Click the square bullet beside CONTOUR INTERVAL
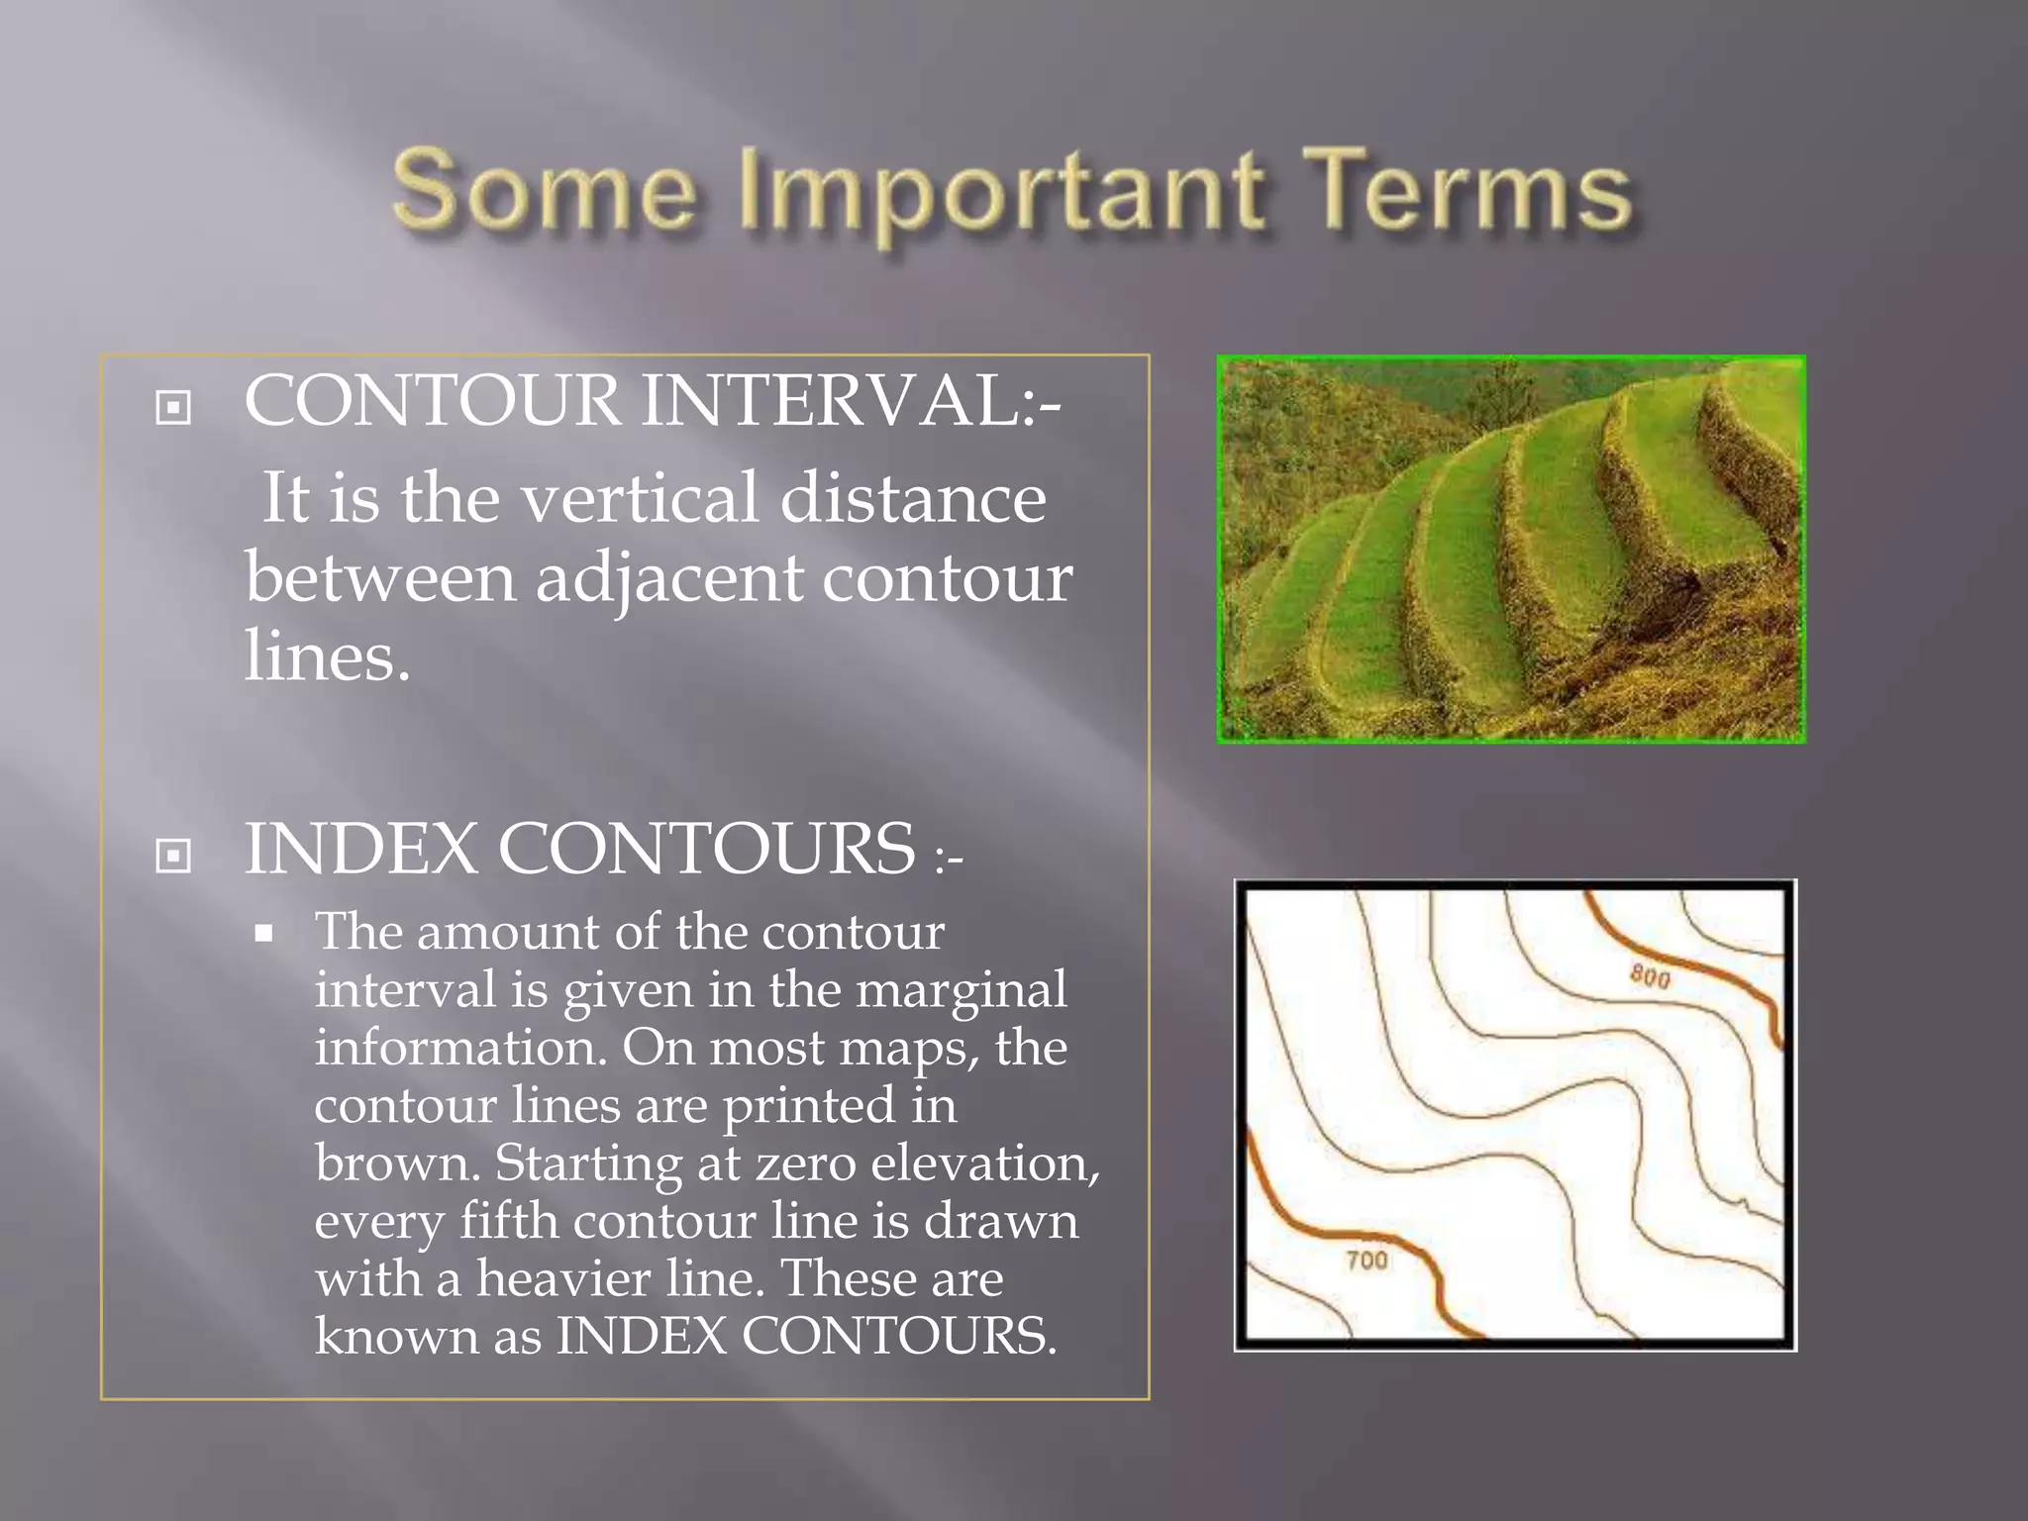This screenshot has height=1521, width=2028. tap(173, 407)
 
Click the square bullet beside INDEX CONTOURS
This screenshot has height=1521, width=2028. tap(173, 855)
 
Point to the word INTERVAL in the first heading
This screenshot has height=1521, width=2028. tap(851, 401)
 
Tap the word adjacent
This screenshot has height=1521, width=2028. tap(669, 578)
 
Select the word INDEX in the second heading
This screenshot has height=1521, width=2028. tap(360, 850)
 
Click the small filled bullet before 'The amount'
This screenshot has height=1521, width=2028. tap(263, 933)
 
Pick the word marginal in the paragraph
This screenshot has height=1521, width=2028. tap(961, 989)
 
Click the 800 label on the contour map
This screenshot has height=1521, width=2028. tap(1651, 977)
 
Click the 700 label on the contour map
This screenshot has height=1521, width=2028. tap(1367, 1261)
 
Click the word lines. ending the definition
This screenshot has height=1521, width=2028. tap(327, 656)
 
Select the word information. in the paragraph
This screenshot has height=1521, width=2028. tap(460, 1048)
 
